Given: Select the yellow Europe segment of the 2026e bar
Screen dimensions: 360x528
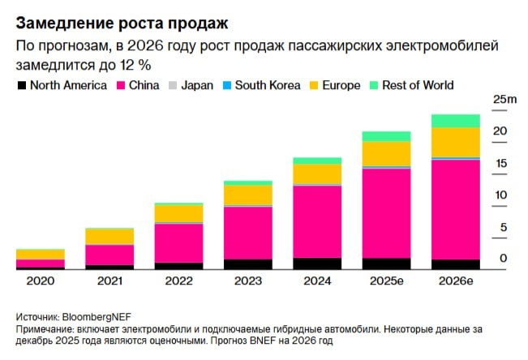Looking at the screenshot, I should [455, 142].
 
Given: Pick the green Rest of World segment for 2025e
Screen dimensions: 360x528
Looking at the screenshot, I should [386, 136].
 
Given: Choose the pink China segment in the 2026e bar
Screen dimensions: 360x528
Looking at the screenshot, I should [455, 209].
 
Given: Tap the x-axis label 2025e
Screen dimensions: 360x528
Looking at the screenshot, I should [386, 281].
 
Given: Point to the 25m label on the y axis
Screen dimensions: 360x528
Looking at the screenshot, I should [504, 99].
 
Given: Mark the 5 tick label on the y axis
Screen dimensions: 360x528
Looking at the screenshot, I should [503, 228].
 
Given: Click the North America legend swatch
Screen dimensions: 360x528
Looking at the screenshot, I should [21, 85].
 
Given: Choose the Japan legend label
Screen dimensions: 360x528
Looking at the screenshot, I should [198, 85].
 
